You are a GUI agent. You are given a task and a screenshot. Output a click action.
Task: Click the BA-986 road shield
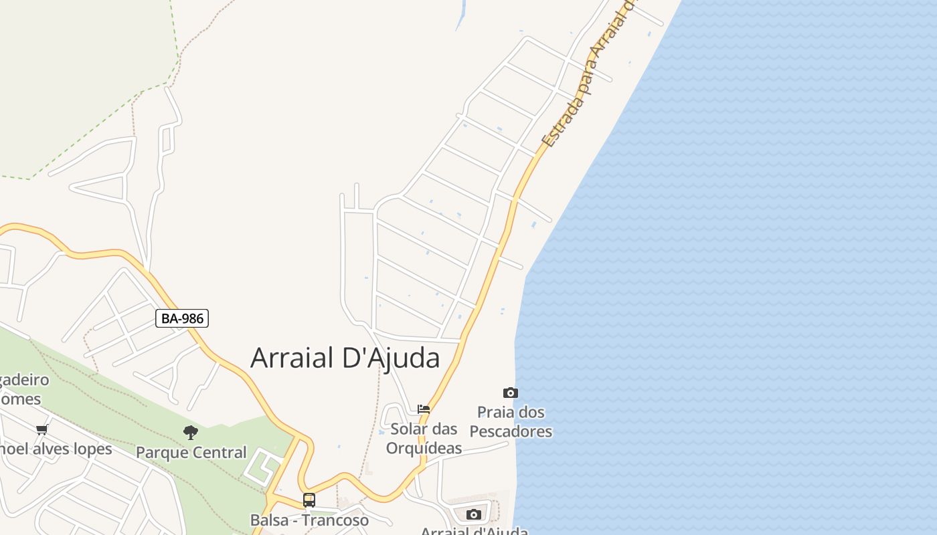click(x=182, y=318)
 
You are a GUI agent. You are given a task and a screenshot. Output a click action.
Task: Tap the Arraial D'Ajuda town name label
click(x=345, y=358)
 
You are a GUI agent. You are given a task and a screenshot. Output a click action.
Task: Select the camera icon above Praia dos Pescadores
click(x=511, y=393)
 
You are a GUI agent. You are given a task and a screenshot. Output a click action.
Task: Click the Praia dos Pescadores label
click(x=511, y=421)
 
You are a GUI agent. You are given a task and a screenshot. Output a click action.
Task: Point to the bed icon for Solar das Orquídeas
click(x=424, y=409)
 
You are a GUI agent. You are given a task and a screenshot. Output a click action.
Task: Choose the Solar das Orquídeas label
click(x=424, y=438)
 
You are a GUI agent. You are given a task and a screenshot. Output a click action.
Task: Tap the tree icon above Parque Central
click(x=191, y=433)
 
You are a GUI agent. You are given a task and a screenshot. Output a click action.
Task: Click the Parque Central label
click(x=191, y=453)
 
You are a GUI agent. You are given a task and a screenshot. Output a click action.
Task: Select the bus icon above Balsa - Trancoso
click(x=309, y=500)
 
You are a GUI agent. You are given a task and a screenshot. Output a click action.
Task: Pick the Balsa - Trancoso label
click(x=309, y=520)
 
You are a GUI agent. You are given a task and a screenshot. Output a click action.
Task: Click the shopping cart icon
click(x=42, y=429)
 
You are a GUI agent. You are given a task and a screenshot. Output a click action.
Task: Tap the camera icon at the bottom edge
click(x=474, y=514)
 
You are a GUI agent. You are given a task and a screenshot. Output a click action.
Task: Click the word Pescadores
click(x=511, y=431)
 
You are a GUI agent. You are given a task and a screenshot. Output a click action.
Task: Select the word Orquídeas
click(x=424, y=448)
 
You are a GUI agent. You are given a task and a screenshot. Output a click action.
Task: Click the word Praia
click(x=495, y=412)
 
